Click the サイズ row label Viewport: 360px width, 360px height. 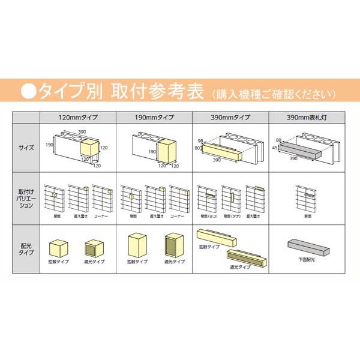coord(25,146)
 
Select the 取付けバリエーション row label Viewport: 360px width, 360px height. coord(25,197)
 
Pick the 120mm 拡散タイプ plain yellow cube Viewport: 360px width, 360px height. coord(59,247)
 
